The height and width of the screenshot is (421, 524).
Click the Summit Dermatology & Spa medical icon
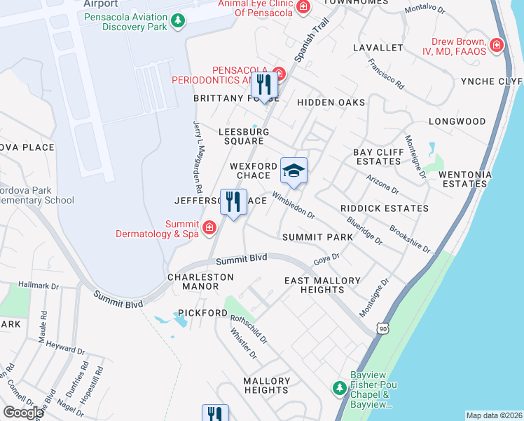click(209, 227)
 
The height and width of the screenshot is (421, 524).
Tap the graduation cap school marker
click(294, 171)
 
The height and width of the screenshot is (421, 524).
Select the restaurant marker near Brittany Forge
click(264, 85)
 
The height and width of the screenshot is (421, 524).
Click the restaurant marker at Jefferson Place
click(233, 202)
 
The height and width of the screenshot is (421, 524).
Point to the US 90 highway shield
click(382, 328)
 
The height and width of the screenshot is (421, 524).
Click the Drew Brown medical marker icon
click(497, 45)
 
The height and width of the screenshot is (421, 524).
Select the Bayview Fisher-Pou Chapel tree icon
click(339, 387)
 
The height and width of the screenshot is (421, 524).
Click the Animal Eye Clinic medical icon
click(303, 7)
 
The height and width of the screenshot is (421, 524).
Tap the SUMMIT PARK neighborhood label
click(317, 237)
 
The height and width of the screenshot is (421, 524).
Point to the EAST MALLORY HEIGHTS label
click(322, 285)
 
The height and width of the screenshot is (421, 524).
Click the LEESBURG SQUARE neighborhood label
click(244, 136)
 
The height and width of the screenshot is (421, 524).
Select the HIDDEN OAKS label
click(331, 102)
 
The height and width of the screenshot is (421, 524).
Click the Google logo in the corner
click(22, 413)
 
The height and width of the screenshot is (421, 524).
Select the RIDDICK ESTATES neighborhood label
click(384, 208)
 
